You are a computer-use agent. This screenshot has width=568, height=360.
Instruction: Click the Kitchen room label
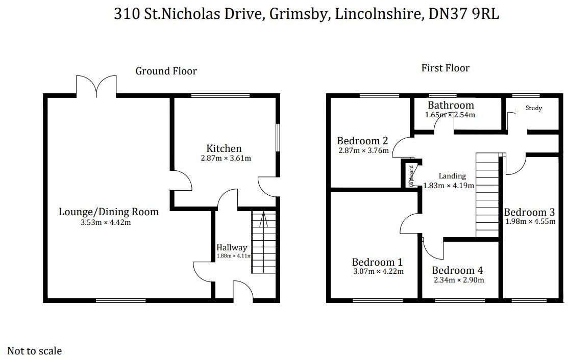[224, 148]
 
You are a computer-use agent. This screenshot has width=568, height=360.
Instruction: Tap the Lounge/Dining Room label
[108, 212]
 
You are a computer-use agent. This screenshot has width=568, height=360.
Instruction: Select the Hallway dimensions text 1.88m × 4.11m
[234, 255]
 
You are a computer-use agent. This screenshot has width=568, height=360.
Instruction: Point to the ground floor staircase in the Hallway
[263, 242]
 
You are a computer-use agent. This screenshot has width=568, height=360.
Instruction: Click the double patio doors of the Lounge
[96, 86]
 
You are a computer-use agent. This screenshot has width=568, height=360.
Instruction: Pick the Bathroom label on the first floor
[451, 105]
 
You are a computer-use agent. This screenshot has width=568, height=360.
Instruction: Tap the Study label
[533, 108]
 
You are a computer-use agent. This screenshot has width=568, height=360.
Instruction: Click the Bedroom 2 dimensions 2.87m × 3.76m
[363, 150]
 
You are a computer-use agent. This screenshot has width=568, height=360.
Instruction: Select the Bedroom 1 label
[377, 262]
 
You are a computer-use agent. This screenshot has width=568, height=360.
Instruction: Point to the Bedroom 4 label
[457, 270]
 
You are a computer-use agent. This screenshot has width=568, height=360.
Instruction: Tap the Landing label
[452, 176]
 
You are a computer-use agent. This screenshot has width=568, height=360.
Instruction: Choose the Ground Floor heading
[166, 71]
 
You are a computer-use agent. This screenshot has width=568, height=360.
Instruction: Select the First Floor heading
[445, 68]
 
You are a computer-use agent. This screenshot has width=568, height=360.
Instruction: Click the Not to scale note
[35, 351]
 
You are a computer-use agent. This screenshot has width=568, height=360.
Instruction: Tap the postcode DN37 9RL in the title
[463, 14]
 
